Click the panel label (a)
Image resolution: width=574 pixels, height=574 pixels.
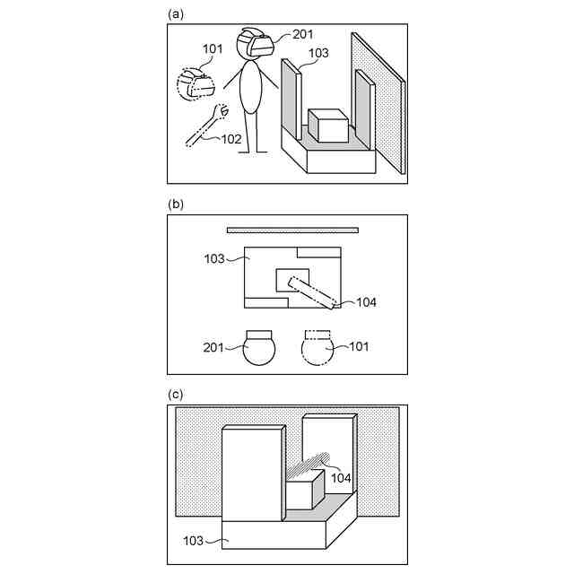click(x=175, y=13)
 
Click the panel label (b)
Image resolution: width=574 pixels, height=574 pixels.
click(x=175, y=204)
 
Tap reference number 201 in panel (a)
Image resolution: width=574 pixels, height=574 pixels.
click(x=303, y=35)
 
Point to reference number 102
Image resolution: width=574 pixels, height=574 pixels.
click(x=230, y=139)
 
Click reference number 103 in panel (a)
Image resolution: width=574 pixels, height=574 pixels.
click(x=318, y=53)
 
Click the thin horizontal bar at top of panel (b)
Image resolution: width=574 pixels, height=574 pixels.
click(x=292, y=230)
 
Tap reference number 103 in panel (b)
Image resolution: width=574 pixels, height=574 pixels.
click(x=214, y=258)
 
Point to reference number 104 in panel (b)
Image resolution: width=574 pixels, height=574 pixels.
click(x=365, y=302)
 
